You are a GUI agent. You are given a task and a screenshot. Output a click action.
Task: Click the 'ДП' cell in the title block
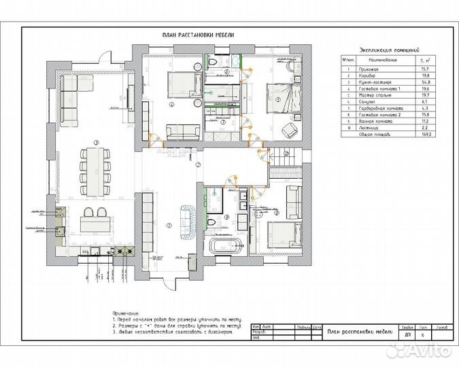pos(407,335)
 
